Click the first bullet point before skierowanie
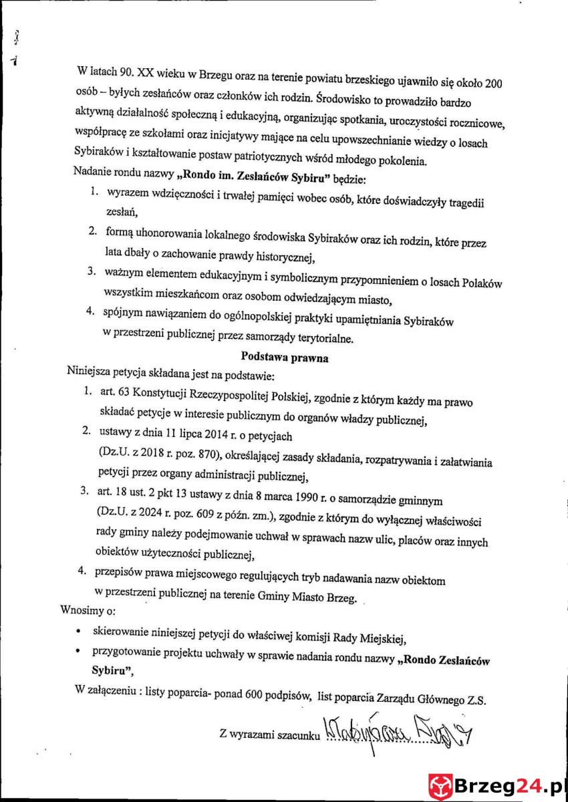[x=80, y=631]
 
